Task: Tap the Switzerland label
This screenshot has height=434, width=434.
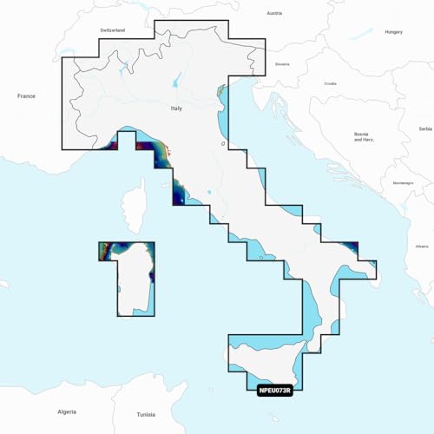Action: pyautogui.click(x=114, y=30)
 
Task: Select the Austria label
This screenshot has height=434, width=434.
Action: pyautogui.click(x=274, y=14)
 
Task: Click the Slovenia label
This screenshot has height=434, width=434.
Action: pyautogui.click(x=282, y=64)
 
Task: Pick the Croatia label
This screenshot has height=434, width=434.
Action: pyautogui.click(x=330, y=83)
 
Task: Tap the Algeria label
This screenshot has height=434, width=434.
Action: pyautogui.click(x=66, y=411)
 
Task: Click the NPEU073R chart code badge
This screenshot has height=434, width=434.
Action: pyautogui.click(x=277, y=390)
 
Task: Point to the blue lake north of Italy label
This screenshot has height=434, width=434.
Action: pyautogui.click(x=179, y=84)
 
